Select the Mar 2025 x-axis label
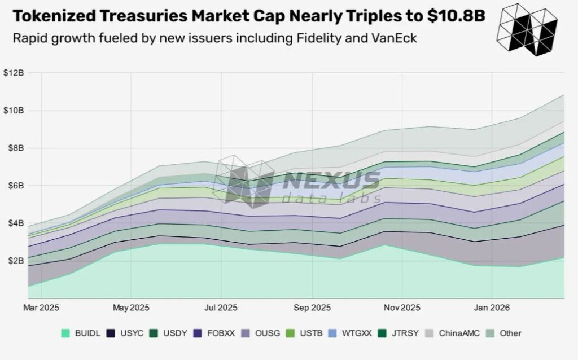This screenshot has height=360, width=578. click(41, 308)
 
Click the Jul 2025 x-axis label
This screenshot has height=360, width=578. click(221, 308)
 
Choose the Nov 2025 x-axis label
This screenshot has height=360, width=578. click(401, 308)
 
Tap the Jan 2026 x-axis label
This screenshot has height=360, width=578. click(492, 308)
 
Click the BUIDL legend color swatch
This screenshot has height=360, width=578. click(65, 333)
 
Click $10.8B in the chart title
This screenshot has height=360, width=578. click(456, 16)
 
